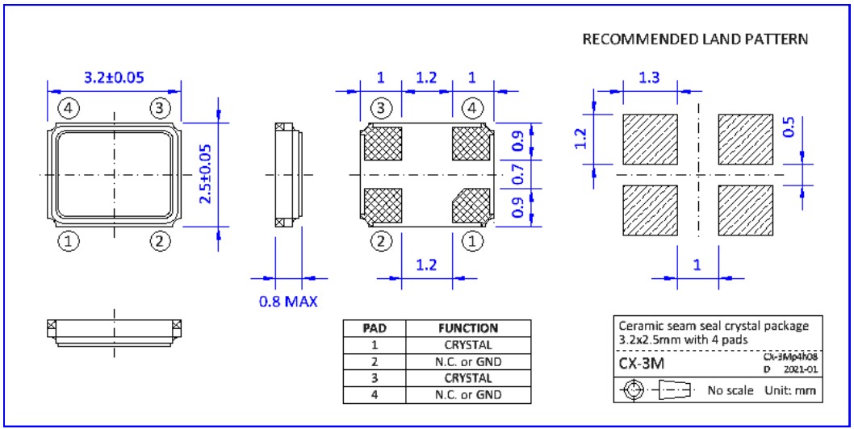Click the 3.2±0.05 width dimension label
tap(114, 77)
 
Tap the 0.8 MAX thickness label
tap(288, 302)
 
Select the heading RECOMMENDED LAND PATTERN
tap(695, 40)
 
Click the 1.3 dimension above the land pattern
tap(649, 77)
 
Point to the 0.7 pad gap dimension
tap(517, 173)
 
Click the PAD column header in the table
tap(374, 329)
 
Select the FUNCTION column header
tap(468, 329)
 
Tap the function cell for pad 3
tap(468, 378)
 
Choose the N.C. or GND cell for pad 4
tap(468, 395)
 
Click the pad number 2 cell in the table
tap(374, 362)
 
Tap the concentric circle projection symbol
tap(634, 391)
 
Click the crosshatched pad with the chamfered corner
tap(469, 205)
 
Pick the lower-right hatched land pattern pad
tap(746, 210)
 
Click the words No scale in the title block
tap(731, 391)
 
